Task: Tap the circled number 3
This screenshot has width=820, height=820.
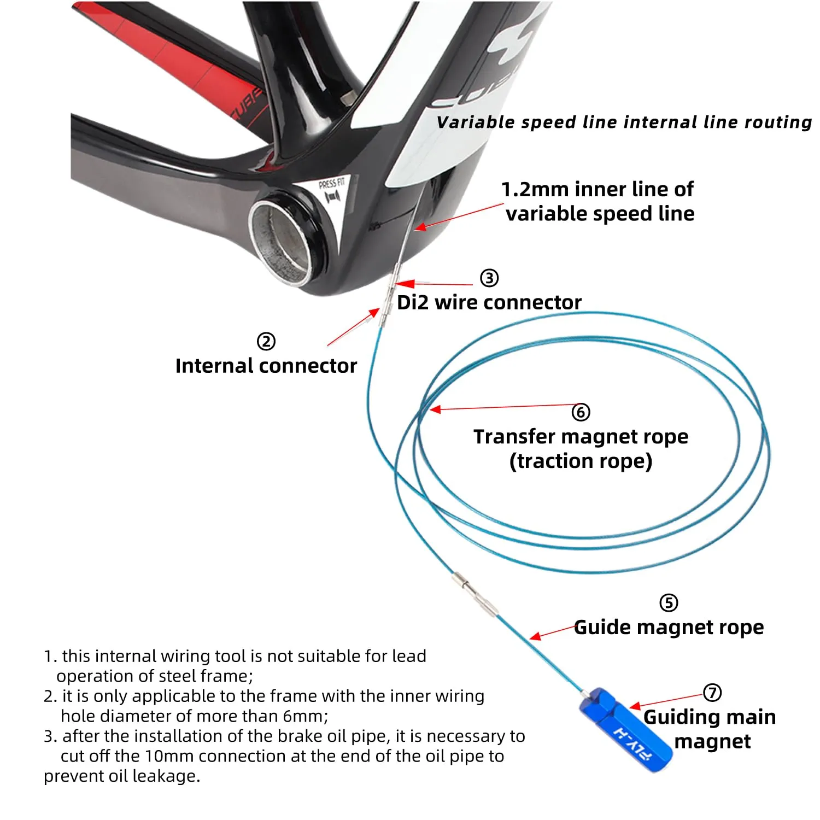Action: [x=489, y=278]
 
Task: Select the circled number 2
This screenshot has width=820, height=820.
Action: [x=266, y=342]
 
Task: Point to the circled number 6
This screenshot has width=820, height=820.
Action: [x=581, y=412]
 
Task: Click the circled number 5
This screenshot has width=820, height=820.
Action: [x=669, y=603]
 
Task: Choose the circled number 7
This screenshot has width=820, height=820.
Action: [x=712, y=693]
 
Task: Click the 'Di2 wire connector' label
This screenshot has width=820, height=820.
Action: [x=489, y=302]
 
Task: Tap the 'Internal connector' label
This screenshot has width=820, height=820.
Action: [x=266, y=366]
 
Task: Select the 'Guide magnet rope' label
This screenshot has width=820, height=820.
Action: [x=669, y=628]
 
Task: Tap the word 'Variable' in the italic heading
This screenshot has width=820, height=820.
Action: [x=475, y=122]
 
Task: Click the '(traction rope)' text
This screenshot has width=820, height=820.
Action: [x=581, y=461]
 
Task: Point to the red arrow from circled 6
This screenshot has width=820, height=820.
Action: [x=503, y=407]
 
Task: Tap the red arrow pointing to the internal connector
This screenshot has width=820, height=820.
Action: [x=353, y=327]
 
